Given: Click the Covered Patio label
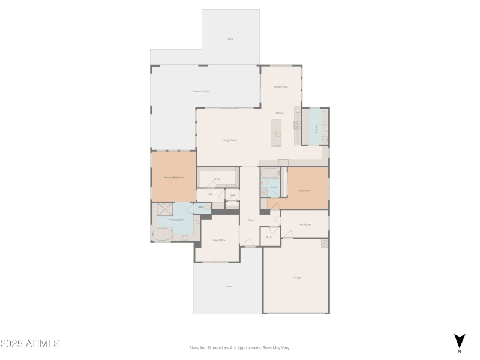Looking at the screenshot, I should (200, 91).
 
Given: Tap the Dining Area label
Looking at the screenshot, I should (281, 87).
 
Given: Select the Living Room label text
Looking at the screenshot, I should (229, 140).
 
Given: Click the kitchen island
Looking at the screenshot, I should (276, 133).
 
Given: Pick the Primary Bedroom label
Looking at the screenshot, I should (174, 178).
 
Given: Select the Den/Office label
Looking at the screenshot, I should (219, 241).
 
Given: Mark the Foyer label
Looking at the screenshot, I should (251, 220).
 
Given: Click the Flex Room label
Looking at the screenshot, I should (304, 224).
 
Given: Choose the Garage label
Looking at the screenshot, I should (296, 278).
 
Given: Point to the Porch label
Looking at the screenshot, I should (229, 287).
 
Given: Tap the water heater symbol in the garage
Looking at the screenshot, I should (324, 244).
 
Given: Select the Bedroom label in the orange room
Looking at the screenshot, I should (304, 191).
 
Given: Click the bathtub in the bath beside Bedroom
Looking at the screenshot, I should (269, 174).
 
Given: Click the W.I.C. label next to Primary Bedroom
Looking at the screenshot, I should (217, 179).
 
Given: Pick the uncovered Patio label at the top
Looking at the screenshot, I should (230, 39).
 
